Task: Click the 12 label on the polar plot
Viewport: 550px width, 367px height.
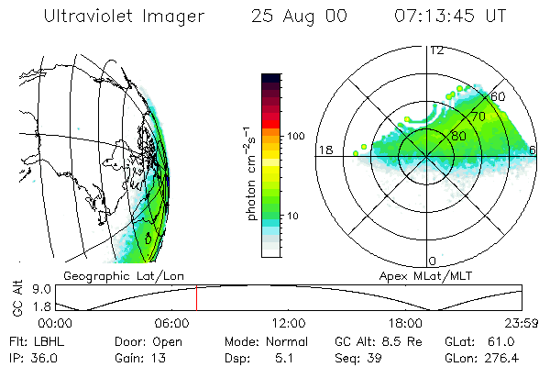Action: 437,50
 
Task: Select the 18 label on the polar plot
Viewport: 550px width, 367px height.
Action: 324,149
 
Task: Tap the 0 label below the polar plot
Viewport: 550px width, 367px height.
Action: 433,261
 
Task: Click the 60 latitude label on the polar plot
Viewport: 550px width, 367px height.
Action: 499,96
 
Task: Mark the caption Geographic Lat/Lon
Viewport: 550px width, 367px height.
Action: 115,275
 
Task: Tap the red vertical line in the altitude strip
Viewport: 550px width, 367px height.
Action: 196,299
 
